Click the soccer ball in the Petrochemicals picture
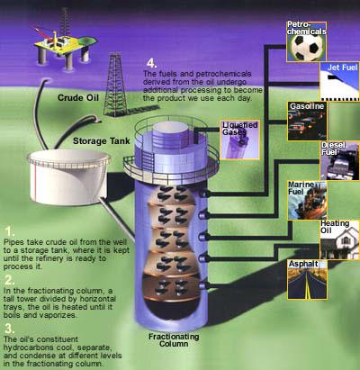click(306, 46)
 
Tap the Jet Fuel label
click(342, 68)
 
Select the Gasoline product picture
click(307, 121)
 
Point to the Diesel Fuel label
click(333, 149)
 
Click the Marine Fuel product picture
click(307, 201)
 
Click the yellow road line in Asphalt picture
click(307, 289)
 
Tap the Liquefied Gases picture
click(240, 140)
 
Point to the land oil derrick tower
click(115, 85)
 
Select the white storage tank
click(68, 177)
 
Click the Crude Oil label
click(78, 97)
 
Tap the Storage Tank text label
click(102, 141)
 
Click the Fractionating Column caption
click(174, 340)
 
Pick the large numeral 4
click(151, 64)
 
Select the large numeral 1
click(10, 232)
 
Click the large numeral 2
click(9, 280)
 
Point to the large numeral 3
click(9, 329)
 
